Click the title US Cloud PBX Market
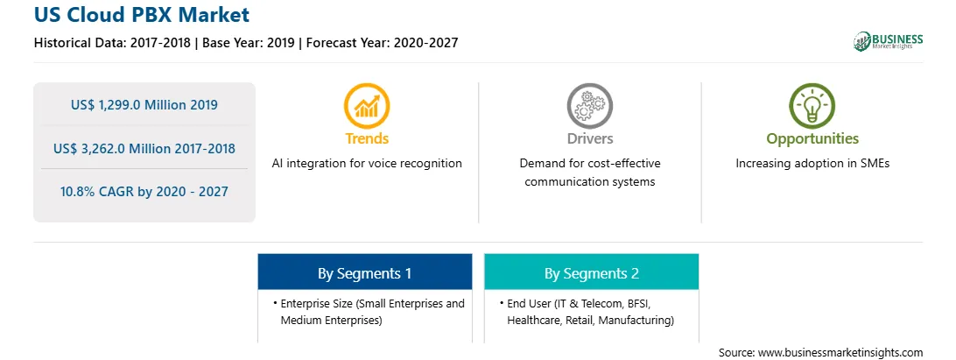(x=142, y=15)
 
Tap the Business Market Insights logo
(x=888, y=41)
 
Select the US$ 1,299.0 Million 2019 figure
(x=144, y=105)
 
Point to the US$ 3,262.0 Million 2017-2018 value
(x=144, y=148)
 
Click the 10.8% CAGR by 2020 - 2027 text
(x=144, y=192)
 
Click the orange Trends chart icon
(x=367, y=106)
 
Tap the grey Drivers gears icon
(x=589, y=106)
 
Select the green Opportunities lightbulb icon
(x=812, y=106)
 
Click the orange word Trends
(x=367, y=138)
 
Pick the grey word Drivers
(x=589, y=138)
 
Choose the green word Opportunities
(x=812, y=139)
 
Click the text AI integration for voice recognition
(x=367, y=164)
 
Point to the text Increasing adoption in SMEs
(x=812, y=164)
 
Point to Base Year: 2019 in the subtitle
(x=250, y=43)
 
